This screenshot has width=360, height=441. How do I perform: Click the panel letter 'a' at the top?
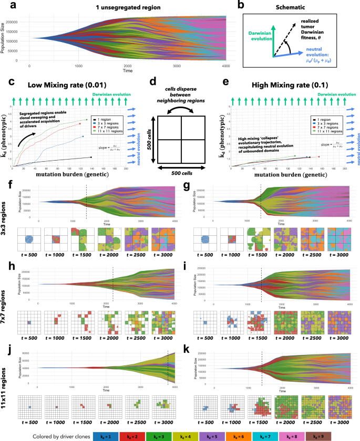point(11,5)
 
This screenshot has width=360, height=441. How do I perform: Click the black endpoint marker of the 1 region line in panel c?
point(91,157)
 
